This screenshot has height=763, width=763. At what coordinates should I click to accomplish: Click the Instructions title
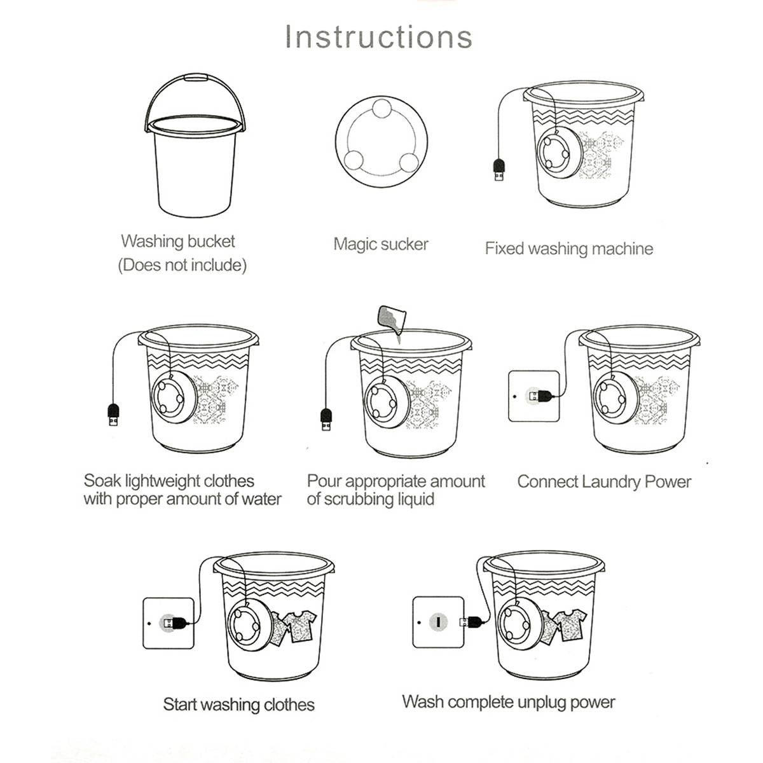pyautogui.click(x=378, y=36)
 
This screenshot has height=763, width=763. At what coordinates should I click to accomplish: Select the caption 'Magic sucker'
pyautogui.click(x=381, y=244)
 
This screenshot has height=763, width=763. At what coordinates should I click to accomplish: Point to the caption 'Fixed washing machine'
pyautogui.click(x=568, y=249)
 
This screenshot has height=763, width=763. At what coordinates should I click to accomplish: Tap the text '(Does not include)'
pyautogui.click(x=182, y=265)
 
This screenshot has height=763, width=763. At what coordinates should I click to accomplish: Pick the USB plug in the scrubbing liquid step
pyautogui.click(x=326, y=422)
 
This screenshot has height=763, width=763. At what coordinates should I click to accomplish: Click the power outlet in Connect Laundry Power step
pyautogui.click(x=533, y=396)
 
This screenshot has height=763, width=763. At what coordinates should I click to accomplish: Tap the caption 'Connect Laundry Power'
pyautogui.click(x=603, y=482)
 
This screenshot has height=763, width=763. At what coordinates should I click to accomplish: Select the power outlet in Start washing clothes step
pyautogui.click(x=168, y=622)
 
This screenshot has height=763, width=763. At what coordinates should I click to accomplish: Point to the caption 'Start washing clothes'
pyautogui.click(x=238, y=705)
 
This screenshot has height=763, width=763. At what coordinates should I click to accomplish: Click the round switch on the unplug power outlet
pyautogui.click(x=438, y=622)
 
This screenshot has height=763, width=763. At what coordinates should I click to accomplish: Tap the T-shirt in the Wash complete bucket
pyautogui.click(x=566, y=623)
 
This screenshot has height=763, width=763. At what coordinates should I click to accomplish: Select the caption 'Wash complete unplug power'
pyautogui.click(x=508, y=703)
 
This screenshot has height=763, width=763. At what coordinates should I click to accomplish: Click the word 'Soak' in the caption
pyautogui.click(x=102, y=481)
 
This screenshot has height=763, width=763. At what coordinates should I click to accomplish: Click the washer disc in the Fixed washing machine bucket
pyautogui.click(x=557, y=152)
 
